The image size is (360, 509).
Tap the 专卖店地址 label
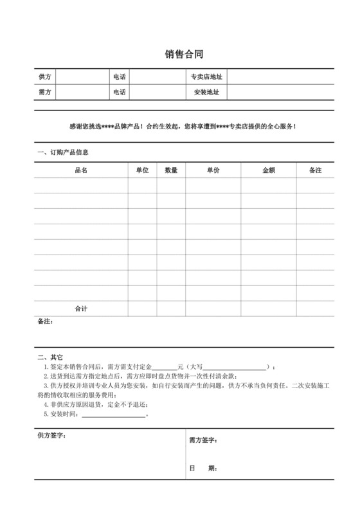206,78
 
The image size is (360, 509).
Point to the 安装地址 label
206,93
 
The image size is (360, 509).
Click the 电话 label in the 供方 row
119,78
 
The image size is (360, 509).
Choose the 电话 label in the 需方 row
119,93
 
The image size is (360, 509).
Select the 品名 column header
81,170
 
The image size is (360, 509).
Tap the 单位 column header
142,170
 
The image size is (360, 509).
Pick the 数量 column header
171,170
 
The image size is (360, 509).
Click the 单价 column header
213,170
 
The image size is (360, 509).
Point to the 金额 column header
269,170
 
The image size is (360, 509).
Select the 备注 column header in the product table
315,170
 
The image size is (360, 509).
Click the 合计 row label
81,309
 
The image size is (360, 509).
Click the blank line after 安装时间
114,415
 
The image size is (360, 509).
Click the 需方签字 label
204,440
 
